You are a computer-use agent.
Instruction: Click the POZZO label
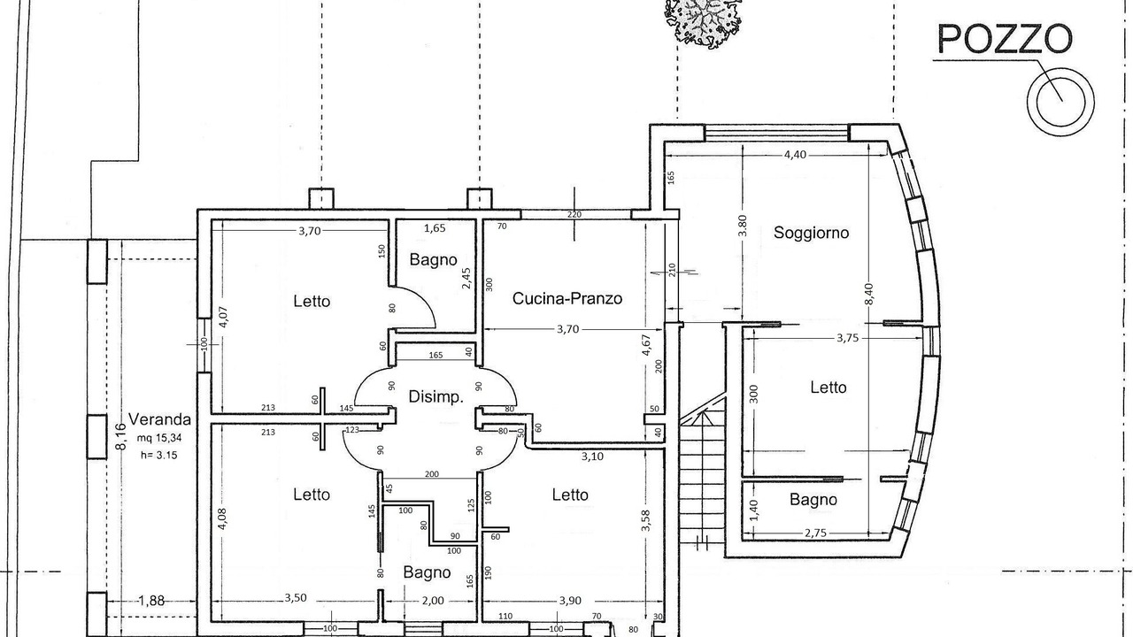point(1004,39)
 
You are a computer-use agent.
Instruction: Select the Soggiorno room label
point(812,233)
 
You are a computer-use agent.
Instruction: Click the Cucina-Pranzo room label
point(567,298)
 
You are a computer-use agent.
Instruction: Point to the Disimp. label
point(436,397)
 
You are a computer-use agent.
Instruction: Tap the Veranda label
point(160,419)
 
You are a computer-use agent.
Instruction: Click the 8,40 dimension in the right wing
point(869,295)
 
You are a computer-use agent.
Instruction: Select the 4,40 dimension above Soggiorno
point(795,155)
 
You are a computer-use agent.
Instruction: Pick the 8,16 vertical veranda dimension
point(120,436)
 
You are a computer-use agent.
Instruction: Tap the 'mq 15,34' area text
point(159,438)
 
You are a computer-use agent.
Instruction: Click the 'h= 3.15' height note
point(158,455)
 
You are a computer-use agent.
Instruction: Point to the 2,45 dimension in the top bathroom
point(466,278)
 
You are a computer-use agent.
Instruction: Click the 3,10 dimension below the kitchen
point(592,457)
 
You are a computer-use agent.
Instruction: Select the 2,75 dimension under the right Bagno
point(815,533)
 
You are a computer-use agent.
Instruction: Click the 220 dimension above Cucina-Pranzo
point(574,214)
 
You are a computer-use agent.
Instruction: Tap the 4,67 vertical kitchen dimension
point(646,345)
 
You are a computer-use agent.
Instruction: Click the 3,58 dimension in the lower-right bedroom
point(645,521)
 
